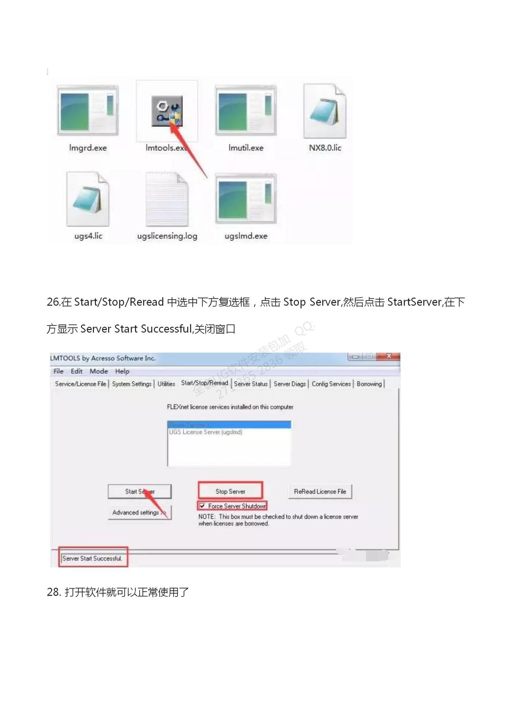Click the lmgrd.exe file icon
click(x=88, y=111)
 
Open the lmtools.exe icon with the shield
click(x=167, y=111)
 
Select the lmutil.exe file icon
click(x=245, y=111)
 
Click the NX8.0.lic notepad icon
click(x=325, y=111)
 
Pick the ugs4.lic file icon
click(x=88, y=199)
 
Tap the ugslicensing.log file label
click(x=167, y=236)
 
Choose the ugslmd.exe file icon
click(x=245, y=199)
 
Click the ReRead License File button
click(x=320, y=492)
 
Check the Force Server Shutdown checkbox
click(x=202, y=506)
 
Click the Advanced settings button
click(x=139, y=512)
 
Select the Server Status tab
click(x=251, y=384)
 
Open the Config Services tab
click(x=331, y=384)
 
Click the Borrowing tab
click(x=369, y=384)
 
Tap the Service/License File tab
click(x=80, y=384)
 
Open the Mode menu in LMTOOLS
click(x=99, y=371)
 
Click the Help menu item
click(x=122, y=371)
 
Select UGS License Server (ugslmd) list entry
click(x=206, y=432)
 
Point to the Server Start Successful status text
click(x=92, y=558)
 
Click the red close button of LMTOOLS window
click(x=389, y=356)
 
